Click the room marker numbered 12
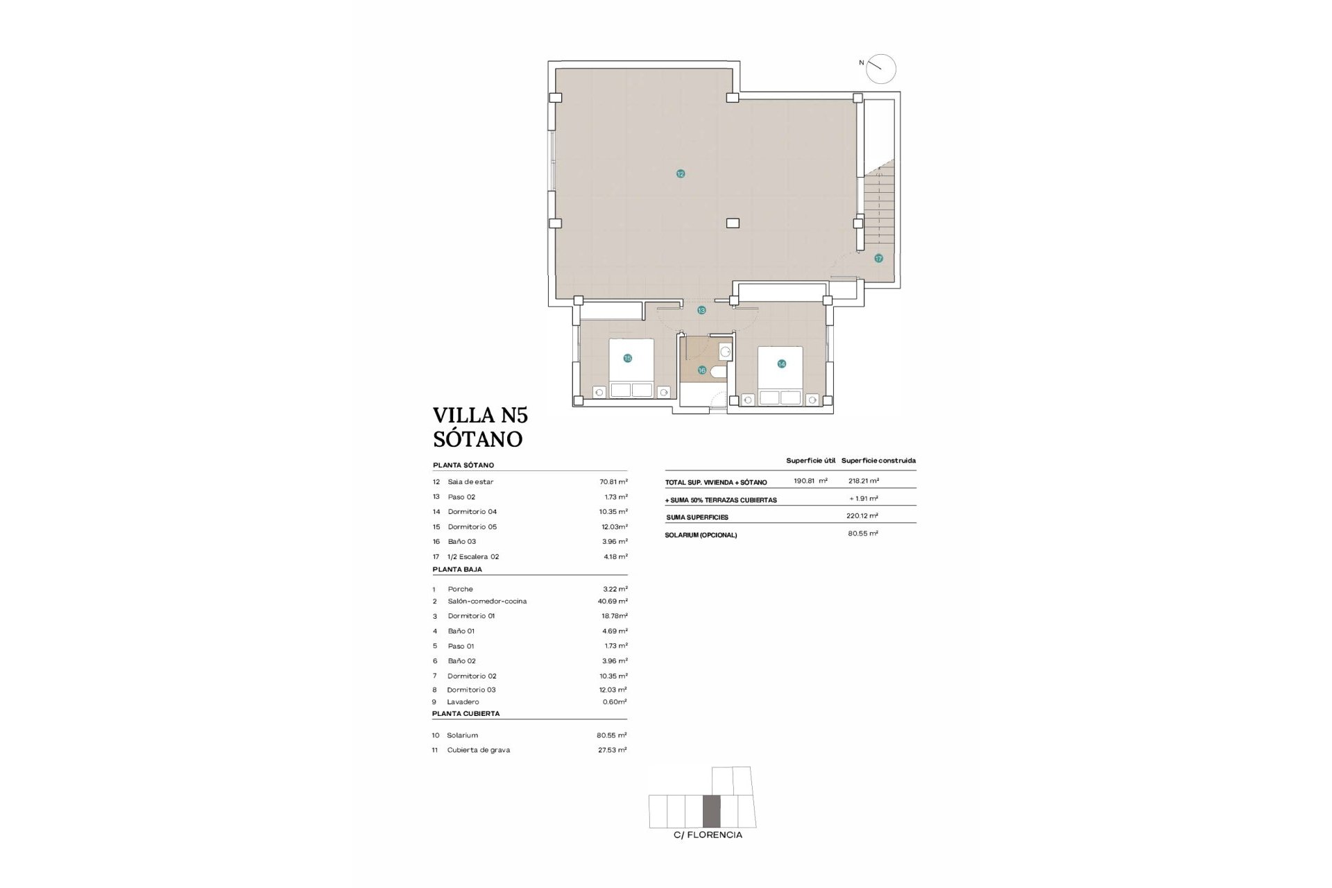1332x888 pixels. pyautogui.click(x=680, y=173)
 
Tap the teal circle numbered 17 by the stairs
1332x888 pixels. pyautogui.click(x=878, y=258)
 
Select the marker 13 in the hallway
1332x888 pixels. pyautogui.click(x=701, y=310)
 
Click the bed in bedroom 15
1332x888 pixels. pyautogui.click(x=631, y=368)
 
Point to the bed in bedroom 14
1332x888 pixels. pyautogui.click(x=780, y=375)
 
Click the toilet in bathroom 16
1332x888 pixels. pyautogui.click(x=717, y=373)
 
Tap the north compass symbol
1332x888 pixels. pyautogui.click(x=881, y=69)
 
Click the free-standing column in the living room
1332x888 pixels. pyautogui.click(x=733, y=223)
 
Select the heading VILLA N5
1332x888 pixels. pyautogui.click(x=480, y=415)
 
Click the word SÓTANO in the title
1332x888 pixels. pyautogui.click(x=477, y=439)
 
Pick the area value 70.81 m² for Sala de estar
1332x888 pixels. pyautogui.click(x=613, y=481)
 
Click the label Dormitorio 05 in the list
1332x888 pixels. pyautogui.click(x=472, y=527)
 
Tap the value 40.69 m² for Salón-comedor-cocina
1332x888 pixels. pyautogui.click(x=613, y=601)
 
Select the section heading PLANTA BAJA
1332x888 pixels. pyautogui.click(x=457, y=570)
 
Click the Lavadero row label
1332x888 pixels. pyautogui.click(x=463, y=702)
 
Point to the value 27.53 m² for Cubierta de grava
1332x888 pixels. pyautogui.click(x=612, y=750)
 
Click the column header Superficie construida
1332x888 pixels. pyautogui.click(x=878, y=461)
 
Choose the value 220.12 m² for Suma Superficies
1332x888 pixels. pyautogui.click(x=864, y=516)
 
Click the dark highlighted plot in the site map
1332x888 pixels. pyautogui.click(x=712, y=812)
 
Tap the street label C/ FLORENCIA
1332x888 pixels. pyautogui.click(x=708, y=835)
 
